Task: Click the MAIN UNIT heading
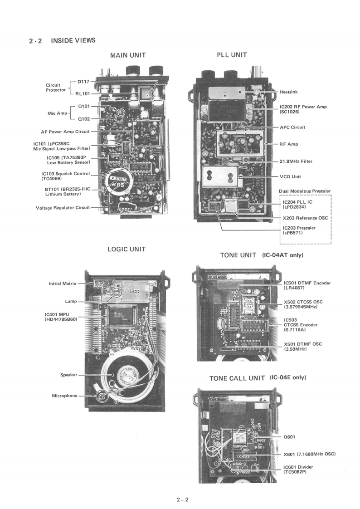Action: (128, 55)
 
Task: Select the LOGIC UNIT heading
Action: (126, 250)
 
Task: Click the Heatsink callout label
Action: (289, 92)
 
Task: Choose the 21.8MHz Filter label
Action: (296, 161)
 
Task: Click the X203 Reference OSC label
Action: (305, 218)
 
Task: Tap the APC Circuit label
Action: (292, 127)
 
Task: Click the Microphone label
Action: (64, 396)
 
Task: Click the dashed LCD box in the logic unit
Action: (135, 291)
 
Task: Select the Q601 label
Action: (289, 437)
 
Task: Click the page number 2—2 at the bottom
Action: (182, 500)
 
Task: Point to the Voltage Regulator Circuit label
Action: (63, 208)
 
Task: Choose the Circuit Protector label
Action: (56, 87)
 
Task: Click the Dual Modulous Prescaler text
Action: (305, 191)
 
